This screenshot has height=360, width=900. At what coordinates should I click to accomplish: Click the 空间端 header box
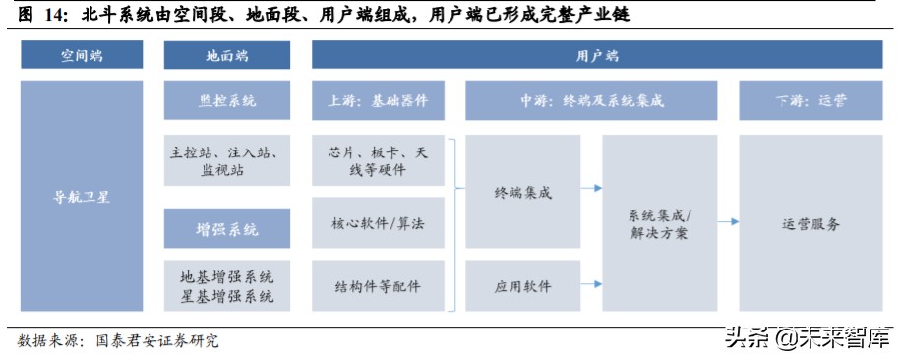click(82, 56)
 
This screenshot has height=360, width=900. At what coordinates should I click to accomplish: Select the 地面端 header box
click(227, 56)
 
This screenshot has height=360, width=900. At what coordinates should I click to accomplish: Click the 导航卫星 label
click(82, 196)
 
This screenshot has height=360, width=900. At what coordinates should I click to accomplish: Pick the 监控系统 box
click(227, 101)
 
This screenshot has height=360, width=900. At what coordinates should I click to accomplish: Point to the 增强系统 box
click(227, 229)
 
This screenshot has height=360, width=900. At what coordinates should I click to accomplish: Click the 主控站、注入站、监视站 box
click(227, 161)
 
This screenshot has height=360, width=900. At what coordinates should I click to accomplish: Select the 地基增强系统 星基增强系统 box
click(227, 285)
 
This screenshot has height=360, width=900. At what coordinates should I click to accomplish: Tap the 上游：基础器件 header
click(378, 101)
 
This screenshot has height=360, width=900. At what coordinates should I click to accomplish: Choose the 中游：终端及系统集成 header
click(591, 101)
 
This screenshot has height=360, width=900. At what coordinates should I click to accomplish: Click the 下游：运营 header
click(810, 101)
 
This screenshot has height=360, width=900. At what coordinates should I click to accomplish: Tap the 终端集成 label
click(522, 193)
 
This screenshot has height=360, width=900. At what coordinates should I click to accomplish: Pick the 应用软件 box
click(522, 286)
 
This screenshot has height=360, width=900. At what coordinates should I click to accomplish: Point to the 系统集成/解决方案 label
click(659, 224)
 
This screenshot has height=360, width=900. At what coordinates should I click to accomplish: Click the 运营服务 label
click(810, 224)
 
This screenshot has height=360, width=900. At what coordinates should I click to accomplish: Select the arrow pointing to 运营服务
click(728, 222)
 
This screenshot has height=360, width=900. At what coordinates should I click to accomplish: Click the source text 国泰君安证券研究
click(157, 340)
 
